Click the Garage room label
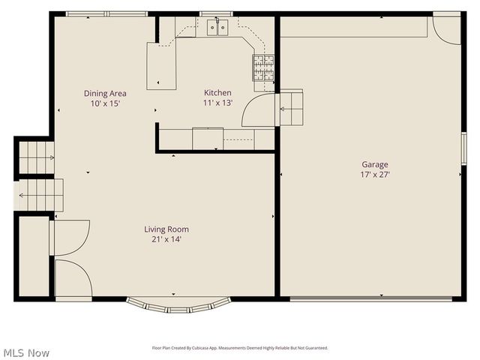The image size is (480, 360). click(x=375, y=164)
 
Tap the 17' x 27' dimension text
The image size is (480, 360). click(x=375, y=175)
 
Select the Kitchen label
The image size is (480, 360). click(x=217, y=93)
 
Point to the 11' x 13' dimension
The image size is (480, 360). click(x=217, y=103)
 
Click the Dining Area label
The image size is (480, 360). click(x=104, y=94)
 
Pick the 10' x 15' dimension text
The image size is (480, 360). click(x=104, y=104)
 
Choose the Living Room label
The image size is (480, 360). click(x=166, y=229)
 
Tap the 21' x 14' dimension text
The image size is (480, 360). click(x=166, y=240)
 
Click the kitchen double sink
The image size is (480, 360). click(x=218, y=28)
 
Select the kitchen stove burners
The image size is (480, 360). click(x=263, y=67)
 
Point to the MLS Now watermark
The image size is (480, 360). click(x=26, y=352)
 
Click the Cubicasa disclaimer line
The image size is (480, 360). click(x=240, y=348)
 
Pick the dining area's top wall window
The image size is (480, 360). click(x=97, y=14)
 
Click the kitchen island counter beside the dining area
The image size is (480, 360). click(x=160, y=66)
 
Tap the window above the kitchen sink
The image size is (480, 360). click(x=216, y=14)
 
